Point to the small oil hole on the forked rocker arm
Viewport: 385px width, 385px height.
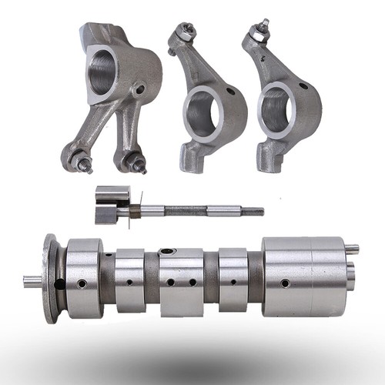141,91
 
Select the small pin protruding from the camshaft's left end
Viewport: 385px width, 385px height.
32,279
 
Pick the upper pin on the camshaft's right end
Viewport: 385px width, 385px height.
351,249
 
